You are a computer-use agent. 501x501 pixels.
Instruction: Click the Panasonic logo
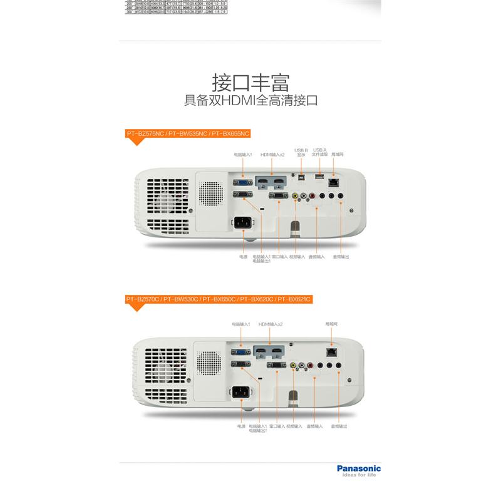pyautogui.click(x=358, y=468)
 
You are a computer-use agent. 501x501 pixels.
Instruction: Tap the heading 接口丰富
pyautogui.click(x=250, y=82)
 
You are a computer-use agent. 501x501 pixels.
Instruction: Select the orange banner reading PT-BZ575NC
pyautogui.click(x=188, y=133)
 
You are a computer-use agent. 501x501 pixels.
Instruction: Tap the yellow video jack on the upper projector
pyautogui.click(x=294, y=196)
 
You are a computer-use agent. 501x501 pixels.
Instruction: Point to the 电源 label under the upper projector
pyautogui.click(x=242, y=257)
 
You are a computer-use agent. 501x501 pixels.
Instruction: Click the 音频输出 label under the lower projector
pyautogui.click(x=340, y=426)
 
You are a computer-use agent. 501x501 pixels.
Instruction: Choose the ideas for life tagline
pyautogui.click(x=358, y=475)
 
